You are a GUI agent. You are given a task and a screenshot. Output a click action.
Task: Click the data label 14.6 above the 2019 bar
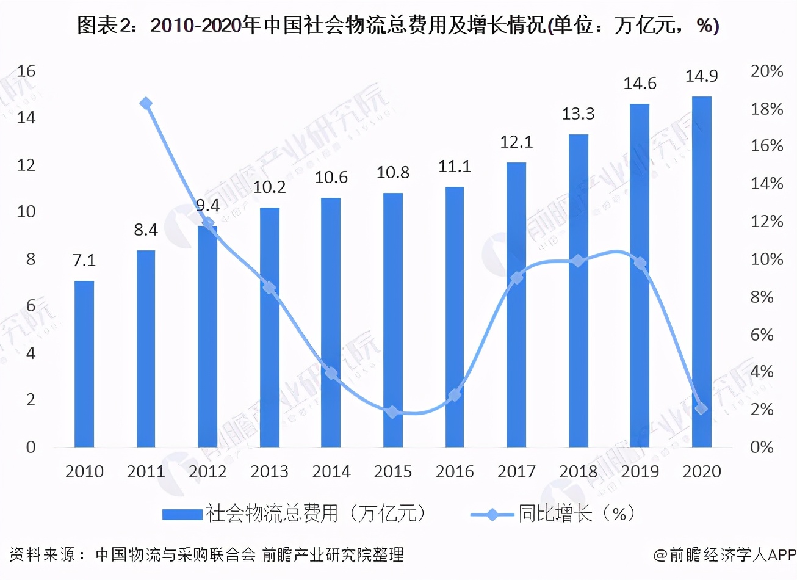pos(640,84)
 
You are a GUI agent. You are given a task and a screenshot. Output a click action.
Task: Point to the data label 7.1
pos(84,261)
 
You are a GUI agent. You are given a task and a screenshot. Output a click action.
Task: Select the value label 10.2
pos(269,187)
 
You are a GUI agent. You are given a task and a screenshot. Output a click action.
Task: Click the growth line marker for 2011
pos(146,103)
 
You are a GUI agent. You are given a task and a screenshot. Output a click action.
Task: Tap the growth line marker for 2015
pos(393,412)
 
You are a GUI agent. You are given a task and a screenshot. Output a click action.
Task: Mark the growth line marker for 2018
pos(578,261)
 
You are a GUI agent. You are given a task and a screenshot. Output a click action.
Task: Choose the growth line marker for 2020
pos(701,408)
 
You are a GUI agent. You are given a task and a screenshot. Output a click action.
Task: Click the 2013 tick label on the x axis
pos(269,471)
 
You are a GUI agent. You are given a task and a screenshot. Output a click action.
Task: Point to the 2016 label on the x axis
pos(455,471)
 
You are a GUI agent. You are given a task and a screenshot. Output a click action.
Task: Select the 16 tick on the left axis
pos(26,71)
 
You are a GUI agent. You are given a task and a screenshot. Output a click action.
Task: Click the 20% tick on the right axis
pos(766,71)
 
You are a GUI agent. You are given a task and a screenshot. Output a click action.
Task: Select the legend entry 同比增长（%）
pos(576,513)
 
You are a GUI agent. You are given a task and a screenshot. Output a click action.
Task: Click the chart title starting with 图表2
pos(398,26)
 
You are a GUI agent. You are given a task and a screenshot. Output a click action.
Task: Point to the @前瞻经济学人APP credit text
pos(725,554)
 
